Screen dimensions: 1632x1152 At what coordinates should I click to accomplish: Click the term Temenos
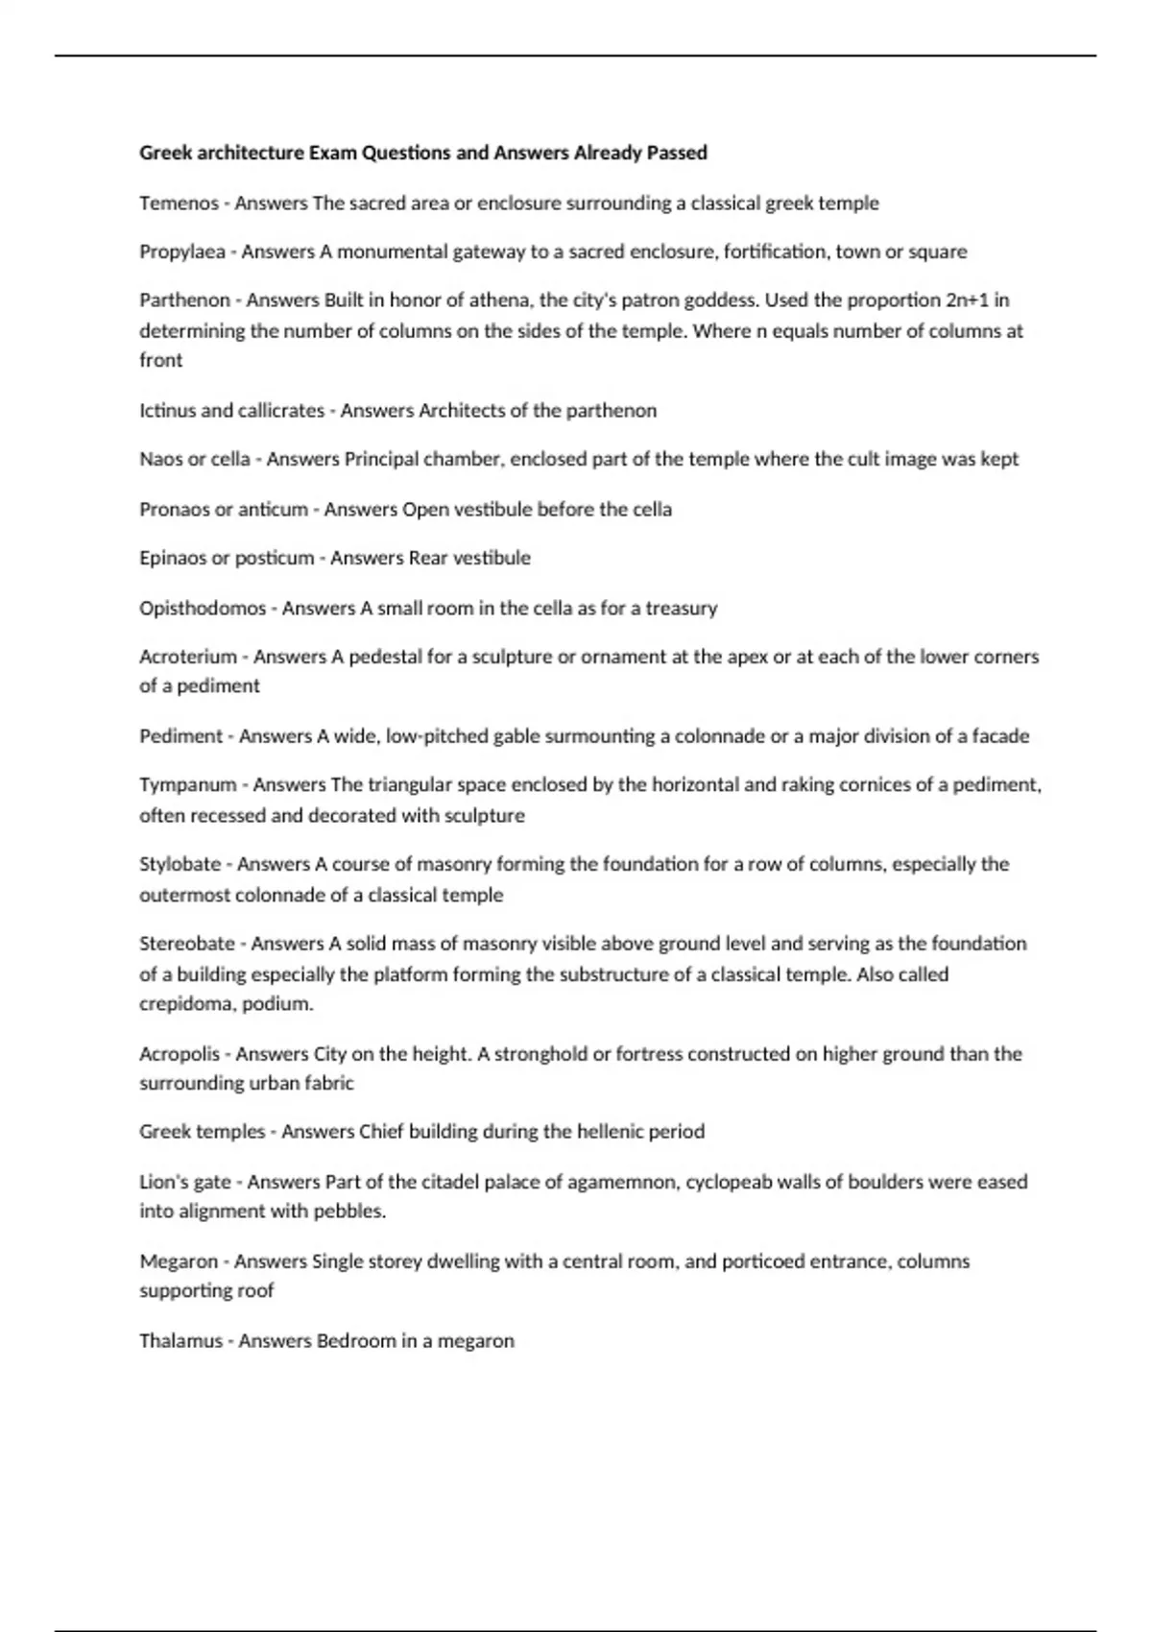(179, 204)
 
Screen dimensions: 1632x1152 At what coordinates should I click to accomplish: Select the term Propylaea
(182, 252)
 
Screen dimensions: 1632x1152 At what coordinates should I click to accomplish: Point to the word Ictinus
(167, 411)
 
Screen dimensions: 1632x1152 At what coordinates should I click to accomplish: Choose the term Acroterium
(188, 658)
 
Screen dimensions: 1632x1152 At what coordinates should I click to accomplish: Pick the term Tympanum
(188, 785)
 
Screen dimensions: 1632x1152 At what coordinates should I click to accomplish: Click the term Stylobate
(180, 864)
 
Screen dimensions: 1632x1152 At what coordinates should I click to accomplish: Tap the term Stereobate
(187, 944)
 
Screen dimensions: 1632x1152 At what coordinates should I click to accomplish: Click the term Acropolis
(180, 1054)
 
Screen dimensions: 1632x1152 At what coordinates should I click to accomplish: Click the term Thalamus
(180, 1341)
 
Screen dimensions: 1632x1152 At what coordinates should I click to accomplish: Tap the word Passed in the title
(677, 154)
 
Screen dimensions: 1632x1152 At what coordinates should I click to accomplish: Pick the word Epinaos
(172, 559)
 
